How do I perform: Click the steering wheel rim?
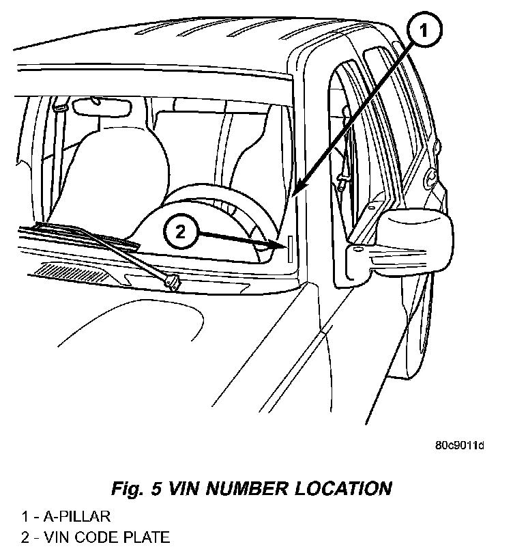click(205, 198)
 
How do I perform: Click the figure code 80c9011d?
click(459, 446)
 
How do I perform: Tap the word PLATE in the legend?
click(148, 537)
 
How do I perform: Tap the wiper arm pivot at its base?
click(171, 280)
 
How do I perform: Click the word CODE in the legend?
click(104, 537)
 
